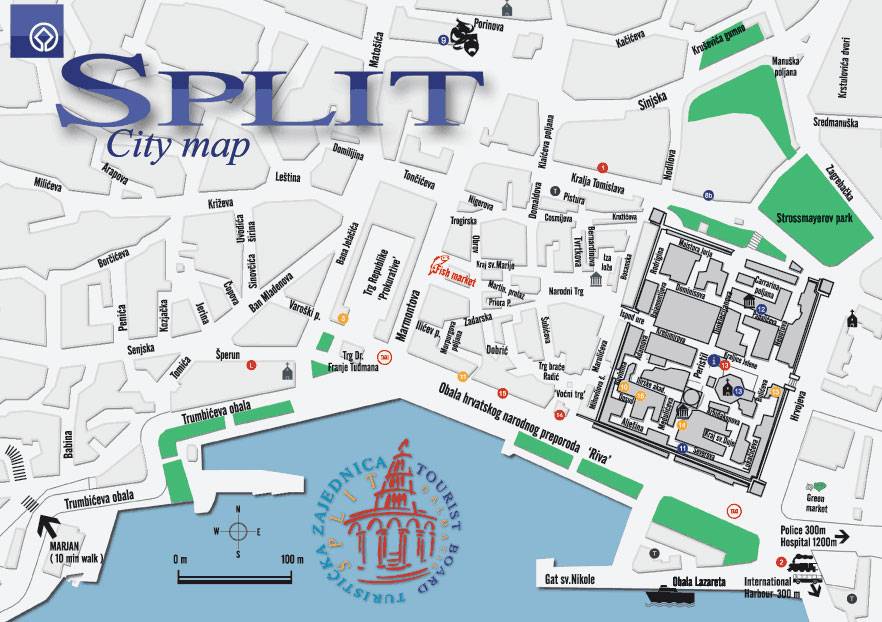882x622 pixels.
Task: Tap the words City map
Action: point(178,144)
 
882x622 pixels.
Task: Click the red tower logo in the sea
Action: point(378,520)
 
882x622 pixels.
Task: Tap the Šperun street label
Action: point(230,354)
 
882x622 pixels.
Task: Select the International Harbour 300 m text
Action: point(773,587)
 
